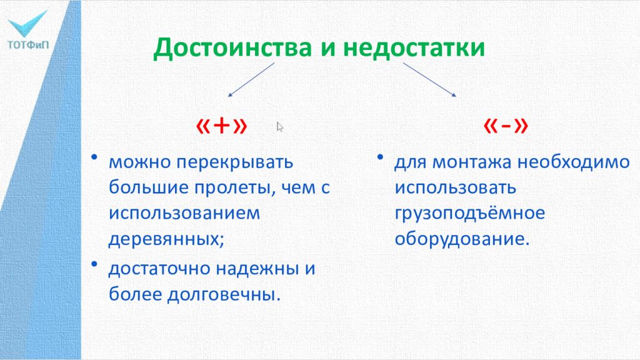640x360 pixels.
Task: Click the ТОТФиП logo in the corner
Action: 27,28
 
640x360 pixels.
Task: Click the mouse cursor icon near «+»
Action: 280,127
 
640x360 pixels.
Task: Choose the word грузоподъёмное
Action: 469,214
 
